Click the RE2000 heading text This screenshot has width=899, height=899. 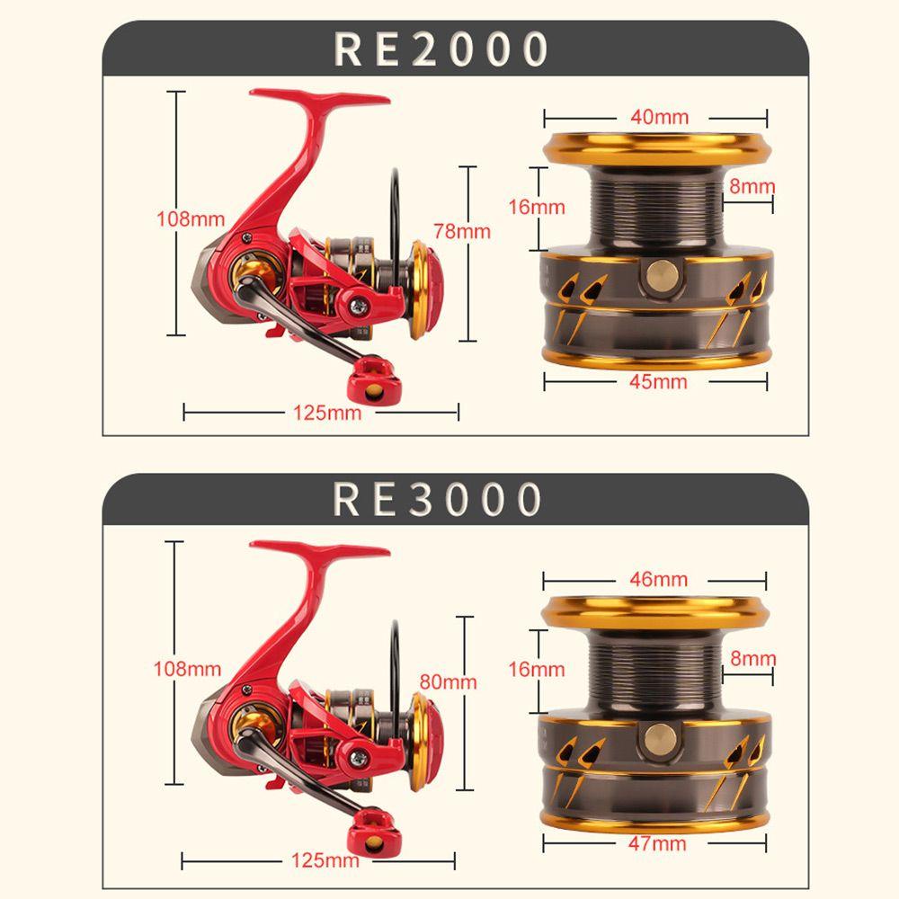tap(441, 49)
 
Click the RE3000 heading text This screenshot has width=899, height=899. tap(438, 498)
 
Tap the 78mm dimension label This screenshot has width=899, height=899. tap(462, 231)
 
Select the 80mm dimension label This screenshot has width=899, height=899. tap(448, 681)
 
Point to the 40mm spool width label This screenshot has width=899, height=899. tap(659, 117)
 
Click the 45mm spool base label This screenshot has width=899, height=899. tap(657, 381)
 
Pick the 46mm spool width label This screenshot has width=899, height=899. tap(658, 579)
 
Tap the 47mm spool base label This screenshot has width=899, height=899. tap(657, 843)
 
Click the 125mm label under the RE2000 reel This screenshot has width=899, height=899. tap(327, 413)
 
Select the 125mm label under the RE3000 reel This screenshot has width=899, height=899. tap(325, 860)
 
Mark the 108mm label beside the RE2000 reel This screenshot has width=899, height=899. tap(191, 218)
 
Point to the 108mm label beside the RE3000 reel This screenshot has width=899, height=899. tap(187, 668)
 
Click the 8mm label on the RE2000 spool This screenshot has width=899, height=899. tap(752, 187)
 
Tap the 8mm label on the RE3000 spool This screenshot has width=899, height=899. tap(752, 658)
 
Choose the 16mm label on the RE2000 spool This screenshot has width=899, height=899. tap(537, 207)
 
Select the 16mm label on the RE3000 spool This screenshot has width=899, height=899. tap(537, 669)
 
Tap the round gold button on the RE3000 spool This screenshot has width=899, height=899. tap(661, 739)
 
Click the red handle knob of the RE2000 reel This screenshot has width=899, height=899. tap(372, 377)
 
